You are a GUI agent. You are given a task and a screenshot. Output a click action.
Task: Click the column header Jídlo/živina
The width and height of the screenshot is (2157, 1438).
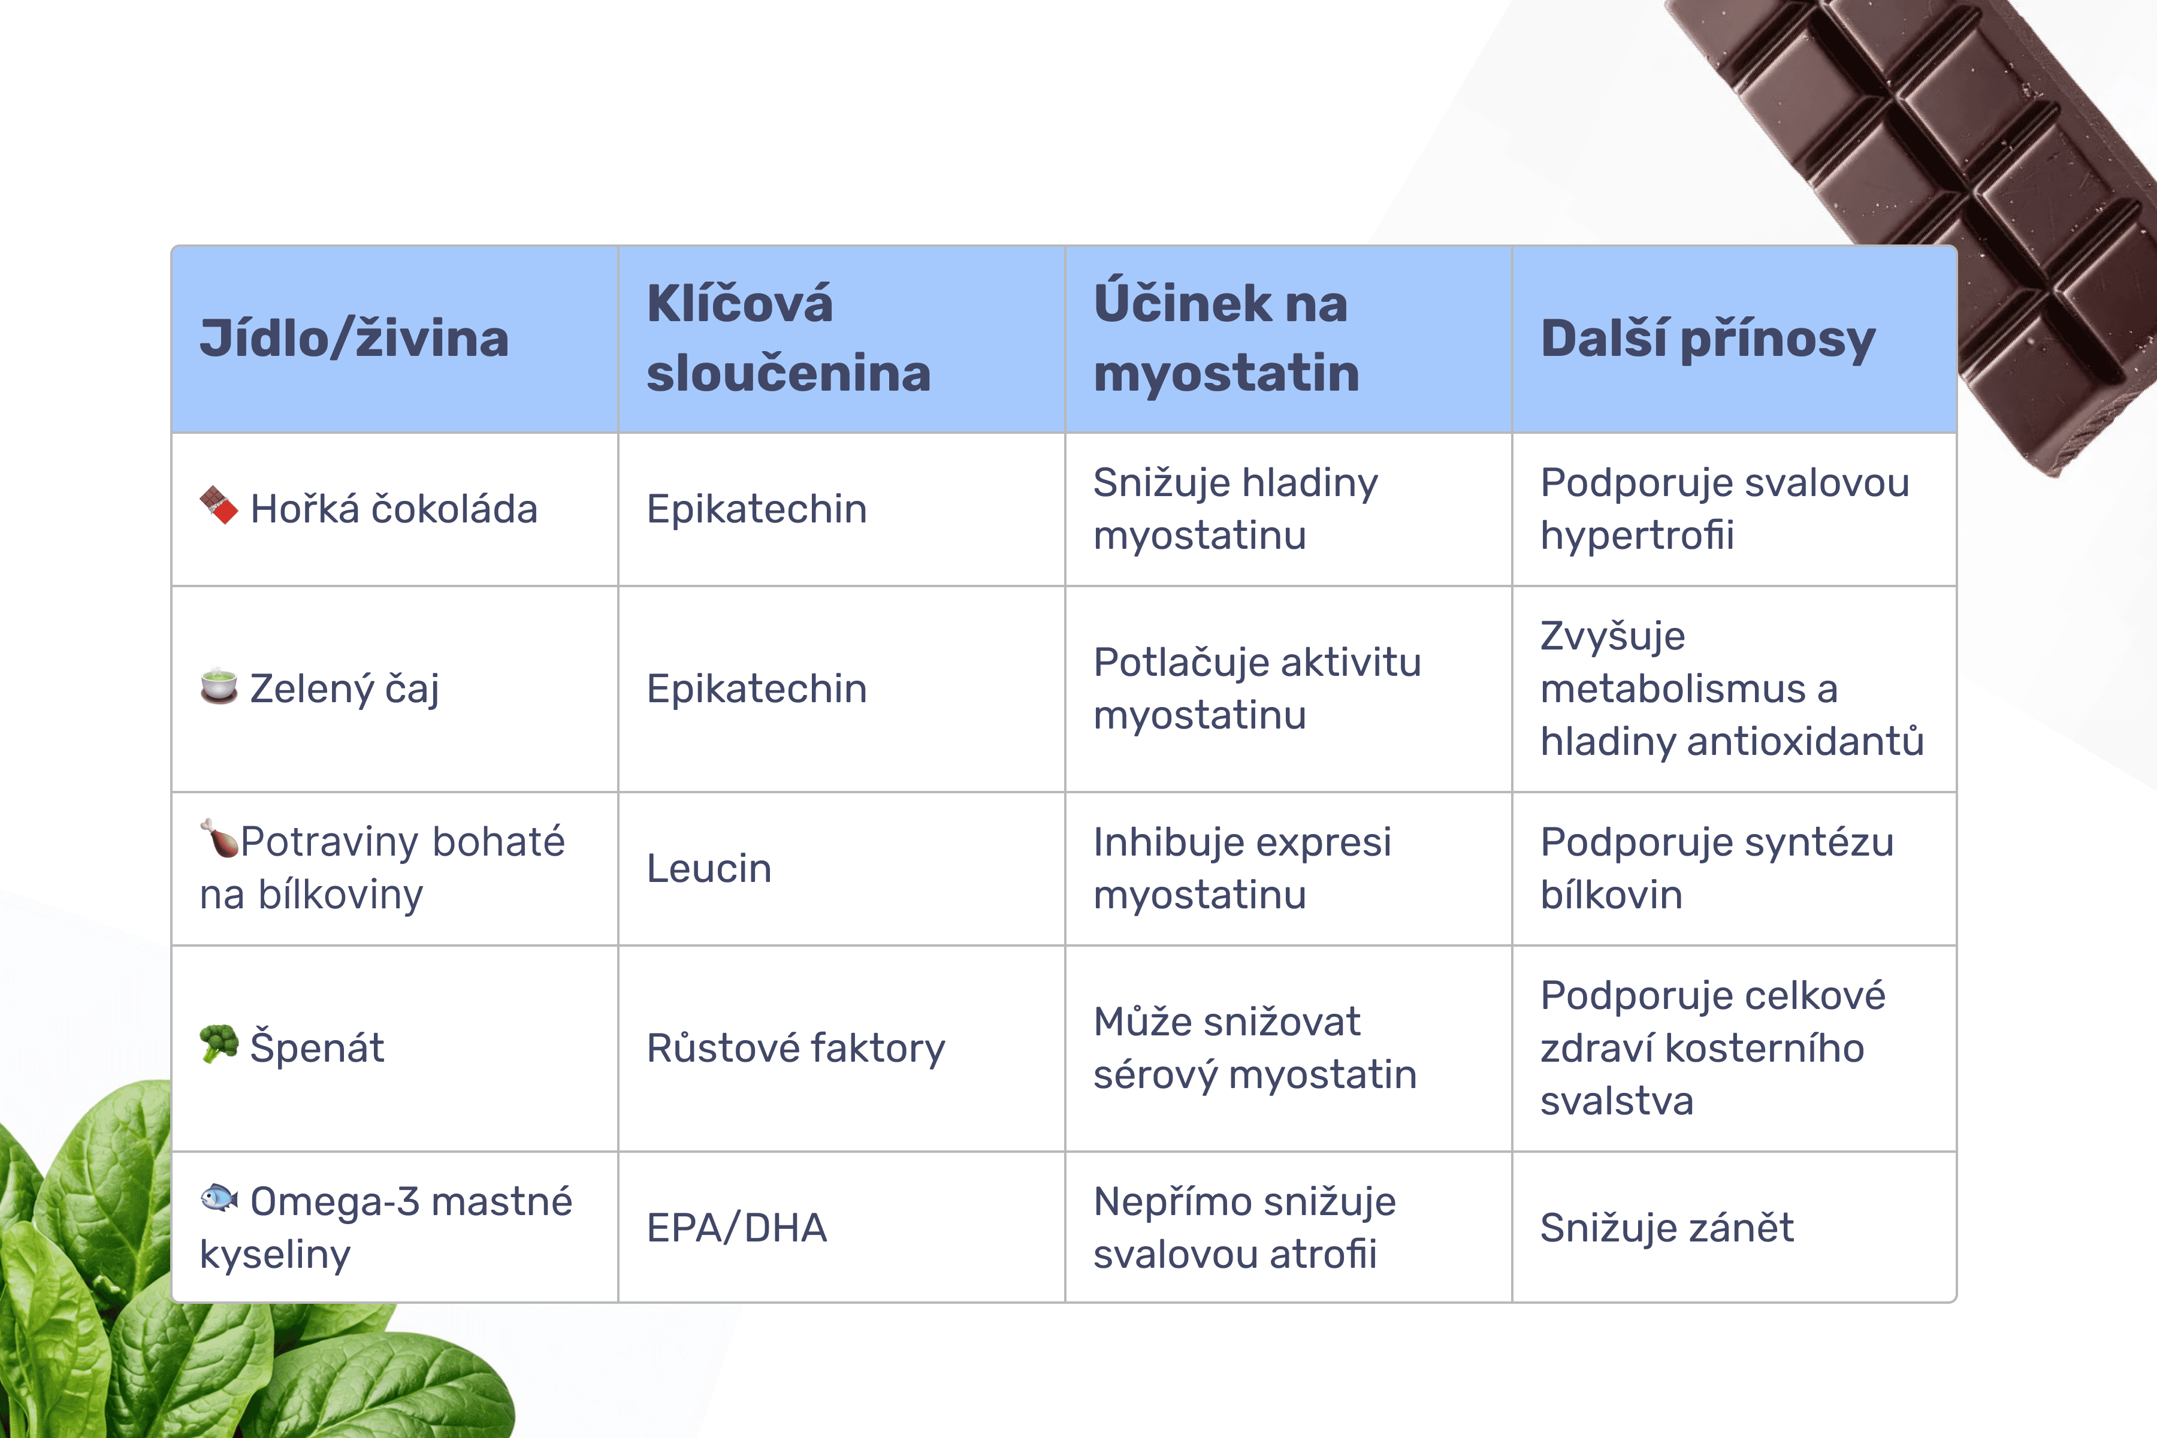[x=354, y=339]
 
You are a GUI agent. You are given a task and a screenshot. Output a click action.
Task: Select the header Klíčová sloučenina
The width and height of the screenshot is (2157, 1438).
[x=789, y=339]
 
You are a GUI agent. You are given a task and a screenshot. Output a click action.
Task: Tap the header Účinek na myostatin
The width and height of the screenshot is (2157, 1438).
[x=1226, y=339]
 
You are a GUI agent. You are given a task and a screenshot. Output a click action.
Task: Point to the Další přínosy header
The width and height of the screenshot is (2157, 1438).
[x=1708, y=339]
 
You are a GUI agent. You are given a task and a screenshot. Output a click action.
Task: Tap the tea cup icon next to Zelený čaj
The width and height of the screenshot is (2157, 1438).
[x=219, y=686]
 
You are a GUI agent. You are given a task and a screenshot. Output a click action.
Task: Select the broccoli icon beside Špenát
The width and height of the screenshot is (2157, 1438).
[x=219, y=1044]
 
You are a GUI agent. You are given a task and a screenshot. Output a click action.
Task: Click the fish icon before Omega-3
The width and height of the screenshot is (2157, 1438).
[x=219, y=1198]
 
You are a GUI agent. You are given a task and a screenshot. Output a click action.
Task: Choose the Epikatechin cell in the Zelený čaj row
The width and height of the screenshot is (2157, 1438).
[x=757, y=688]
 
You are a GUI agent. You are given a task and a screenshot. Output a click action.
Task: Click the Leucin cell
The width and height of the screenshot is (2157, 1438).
[x=709, y=868]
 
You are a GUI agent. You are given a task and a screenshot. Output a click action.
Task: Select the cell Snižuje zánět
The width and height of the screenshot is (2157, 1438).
[x=1666, y=1227]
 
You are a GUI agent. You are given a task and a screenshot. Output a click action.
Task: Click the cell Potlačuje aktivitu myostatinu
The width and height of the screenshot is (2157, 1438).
[x=1257, y=688]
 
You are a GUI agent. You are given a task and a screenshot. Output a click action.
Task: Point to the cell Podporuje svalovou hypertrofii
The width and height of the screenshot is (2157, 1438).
[x=1725, y=509]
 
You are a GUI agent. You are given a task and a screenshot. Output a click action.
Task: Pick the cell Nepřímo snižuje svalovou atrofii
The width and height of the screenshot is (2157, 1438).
[x=1244, y=1227]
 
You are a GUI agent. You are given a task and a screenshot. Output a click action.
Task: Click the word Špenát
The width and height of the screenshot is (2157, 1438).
[x=318, y=1047]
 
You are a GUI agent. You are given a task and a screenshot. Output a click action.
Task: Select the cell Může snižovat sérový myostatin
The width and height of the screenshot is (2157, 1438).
[x=1255, y=1047]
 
